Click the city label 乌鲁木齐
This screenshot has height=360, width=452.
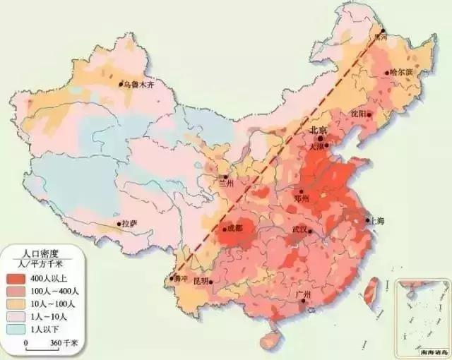pyautogui.click(x=138, y=85)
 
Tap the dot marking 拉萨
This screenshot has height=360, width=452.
pyautogui.click(x=119, y=224)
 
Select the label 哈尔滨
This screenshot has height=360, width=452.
pyautogui.click(x=401, y=72)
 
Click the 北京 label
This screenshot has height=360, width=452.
pyautogui.click(x=318, y=131)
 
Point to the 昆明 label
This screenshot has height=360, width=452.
pyautogui.click(x=201, y=281)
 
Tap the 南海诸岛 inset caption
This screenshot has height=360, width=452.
pyautogui.click(x=422, y=351)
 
